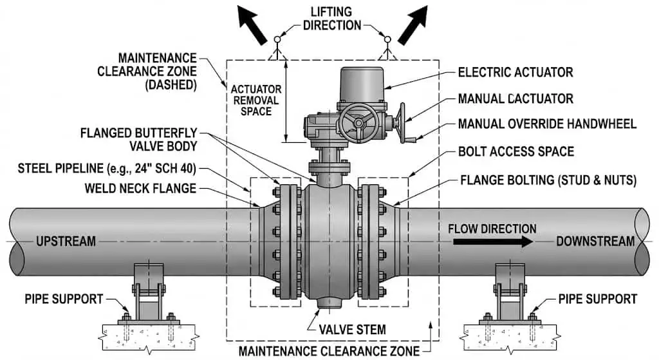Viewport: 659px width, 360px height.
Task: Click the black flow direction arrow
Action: click(493, 242)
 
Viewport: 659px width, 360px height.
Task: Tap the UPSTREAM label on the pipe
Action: click(66, 242)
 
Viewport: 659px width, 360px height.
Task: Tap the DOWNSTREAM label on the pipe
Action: click(595, 242)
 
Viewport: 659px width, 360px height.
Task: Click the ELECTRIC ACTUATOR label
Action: click(515, 73)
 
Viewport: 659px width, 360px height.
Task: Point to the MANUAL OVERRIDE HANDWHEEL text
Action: click(547, 124)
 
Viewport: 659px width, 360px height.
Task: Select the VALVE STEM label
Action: click(353, 330)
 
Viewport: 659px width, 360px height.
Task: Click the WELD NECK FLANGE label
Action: click(141, 188)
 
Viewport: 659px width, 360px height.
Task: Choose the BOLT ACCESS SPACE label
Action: click(515, 152)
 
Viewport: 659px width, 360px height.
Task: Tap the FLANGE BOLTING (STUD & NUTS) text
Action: click(547, 180)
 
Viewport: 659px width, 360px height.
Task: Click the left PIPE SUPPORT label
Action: click(63, 299)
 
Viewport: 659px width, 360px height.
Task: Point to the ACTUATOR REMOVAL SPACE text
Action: click(255, 100)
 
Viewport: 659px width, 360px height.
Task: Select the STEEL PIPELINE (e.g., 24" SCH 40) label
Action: click(107, 170)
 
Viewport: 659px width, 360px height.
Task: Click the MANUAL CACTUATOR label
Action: click(515, 99)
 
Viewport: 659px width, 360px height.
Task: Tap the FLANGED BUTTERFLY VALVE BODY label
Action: click(138, 139)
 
